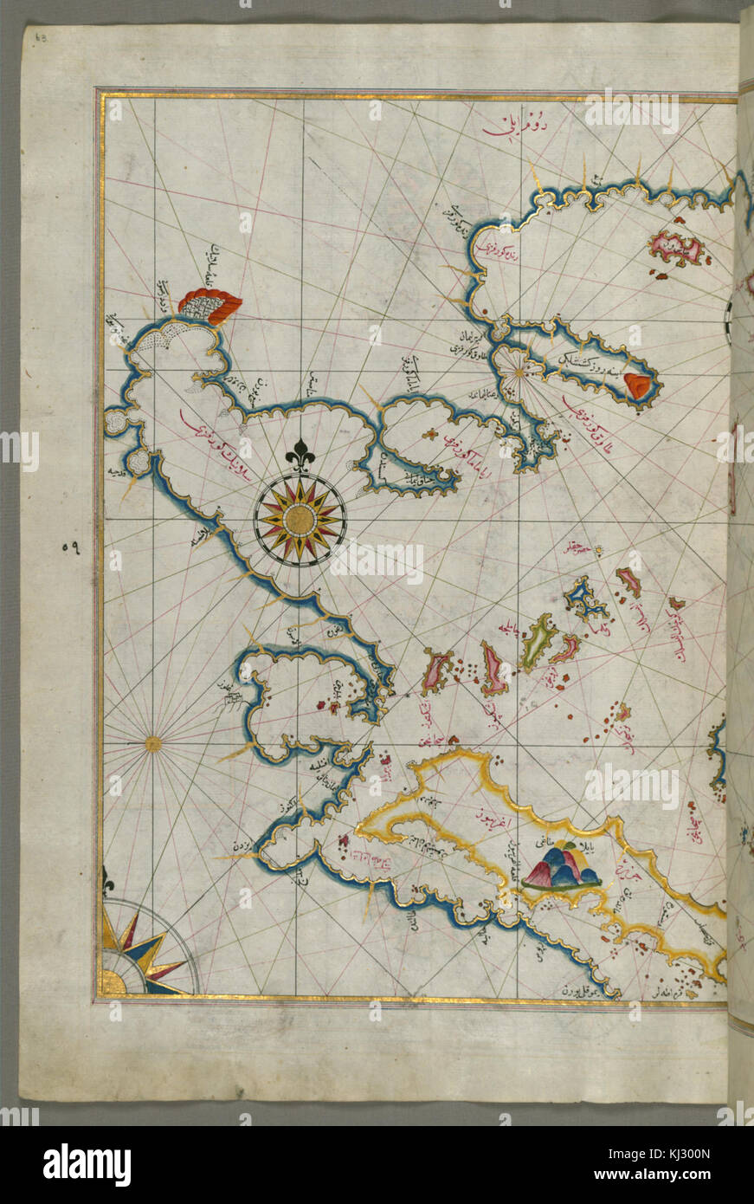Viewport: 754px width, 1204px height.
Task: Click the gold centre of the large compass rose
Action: [x=300, y=520]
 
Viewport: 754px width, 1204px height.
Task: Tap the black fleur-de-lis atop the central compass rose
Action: [x=300, y=456]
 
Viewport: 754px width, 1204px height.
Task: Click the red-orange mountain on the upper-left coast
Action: [x=210, y=305]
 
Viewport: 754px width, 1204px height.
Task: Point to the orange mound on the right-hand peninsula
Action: [x=638, y=386]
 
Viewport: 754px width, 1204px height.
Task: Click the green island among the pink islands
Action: [x=538, y=642]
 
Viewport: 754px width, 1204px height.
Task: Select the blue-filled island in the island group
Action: [x=586, y=599]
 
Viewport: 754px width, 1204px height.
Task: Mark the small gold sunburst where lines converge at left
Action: [x=152, y=742]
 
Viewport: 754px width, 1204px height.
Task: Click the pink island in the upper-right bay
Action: [x=677, y=249]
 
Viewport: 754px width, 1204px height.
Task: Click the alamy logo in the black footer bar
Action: [x=87, y=1164]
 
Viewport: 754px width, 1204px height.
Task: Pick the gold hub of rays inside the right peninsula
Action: [x=518, y=372]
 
